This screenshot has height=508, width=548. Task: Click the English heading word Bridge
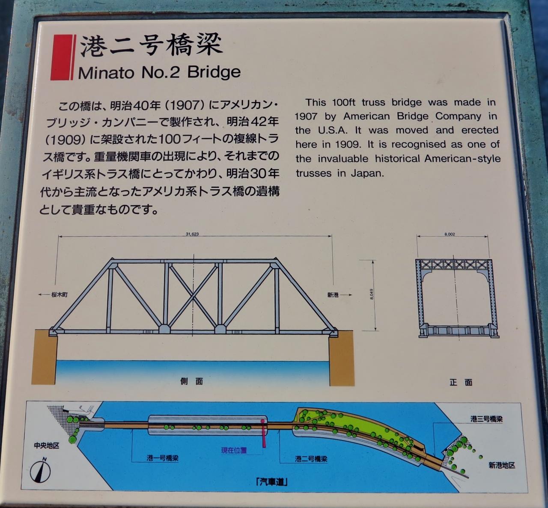point(214,73)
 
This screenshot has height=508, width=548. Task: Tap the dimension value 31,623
point(192,234)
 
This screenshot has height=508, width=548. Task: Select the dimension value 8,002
point(450,234)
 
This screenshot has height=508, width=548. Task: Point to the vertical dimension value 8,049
point(372,294)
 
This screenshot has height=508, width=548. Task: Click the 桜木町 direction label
point(60,295)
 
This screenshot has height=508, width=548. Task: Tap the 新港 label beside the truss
point(333,295)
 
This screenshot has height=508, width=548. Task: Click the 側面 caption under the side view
point(191,381)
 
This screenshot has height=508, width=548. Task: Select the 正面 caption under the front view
point(461,382)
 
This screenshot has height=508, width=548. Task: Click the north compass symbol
point(41,471)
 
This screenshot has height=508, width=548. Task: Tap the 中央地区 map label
point(46,446)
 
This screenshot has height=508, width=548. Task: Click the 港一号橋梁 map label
point(163,459)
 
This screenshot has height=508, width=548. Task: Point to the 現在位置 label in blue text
point(234,451)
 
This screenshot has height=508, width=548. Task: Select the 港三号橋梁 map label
point(486,419)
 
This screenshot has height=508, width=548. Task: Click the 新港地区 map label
point(502,466)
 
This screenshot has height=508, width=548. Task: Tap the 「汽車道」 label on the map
point(271,482)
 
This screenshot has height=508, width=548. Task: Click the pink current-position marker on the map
point(264,433)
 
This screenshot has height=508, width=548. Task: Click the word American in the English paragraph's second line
point(366,116)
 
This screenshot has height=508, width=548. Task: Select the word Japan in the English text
point(367,173)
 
